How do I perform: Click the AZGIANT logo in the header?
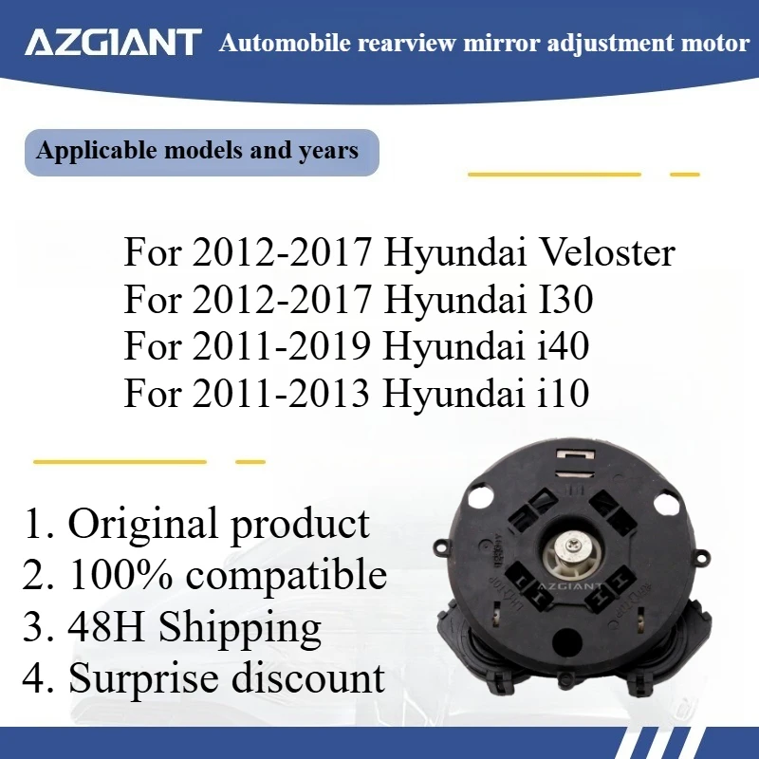click(x=113, y=43)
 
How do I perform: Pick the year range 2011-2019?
click(x=281, y=346)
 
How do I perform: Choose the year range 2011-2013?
click(x=281, y=393)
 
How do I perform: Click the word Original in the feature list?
click(x=141, y=524)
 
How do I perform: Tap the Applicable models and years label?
click(x=197, y=151)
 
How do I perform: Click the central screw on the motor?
click(x=573, y=549)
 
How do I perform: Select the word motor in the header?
click(x=716, y=44)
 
